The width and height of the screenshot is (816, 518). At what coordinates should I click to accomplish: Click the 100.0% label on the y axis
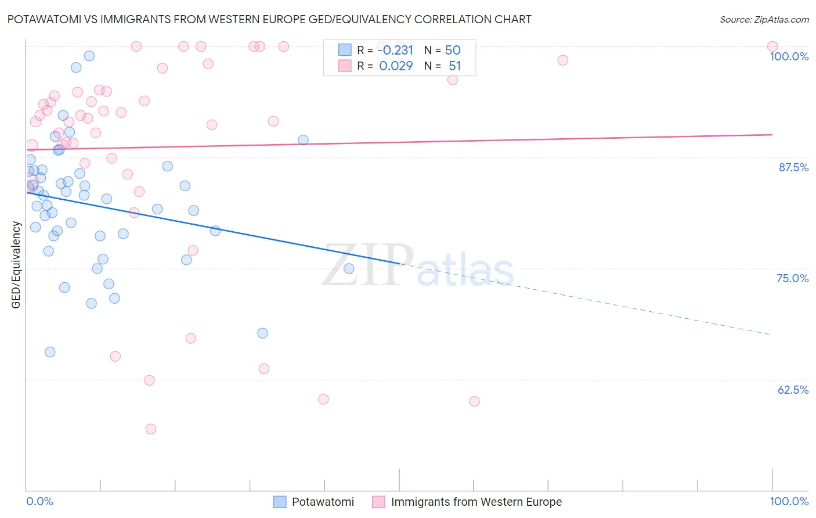[789, 56]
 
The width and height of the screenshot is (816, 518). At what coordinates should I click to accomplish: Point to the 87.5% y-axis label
[793, 167]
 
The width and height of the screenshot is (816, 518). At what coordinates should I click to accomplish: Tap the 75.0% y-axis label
[792, 278]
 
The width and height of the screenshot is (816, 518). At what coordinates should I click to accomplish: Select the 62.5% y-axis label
[793, 390]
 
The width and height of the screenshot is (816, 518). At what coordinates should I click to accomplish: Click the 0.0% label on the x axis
[39, 501]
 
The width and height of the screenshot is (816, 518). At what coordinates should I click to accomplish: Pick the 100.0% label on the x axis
[789, 501]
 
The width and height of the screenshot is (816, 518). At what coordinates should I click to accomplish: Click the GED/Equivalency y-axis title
[16, 265]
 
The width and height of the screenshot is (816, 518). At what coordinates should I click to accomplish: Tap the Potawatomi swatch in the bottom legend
[280, 502]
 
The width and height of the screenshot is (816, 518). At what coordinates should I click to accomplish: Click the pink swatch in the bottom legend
[378, 502]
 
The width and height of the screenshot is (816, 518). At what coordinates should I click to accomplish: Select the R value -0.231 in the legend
[395, 50]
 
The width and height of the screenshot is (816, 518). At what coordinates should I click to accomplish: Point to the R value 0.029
[396, 66]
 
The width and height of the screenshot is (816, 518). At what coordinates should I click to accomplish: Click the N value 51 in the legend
[454, 66]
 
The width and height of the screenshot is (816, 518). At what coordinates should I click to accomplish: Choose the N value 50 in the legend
[453, 50]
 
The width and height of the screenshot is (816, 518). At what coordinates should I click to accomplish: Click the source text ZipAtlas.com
[781, 19]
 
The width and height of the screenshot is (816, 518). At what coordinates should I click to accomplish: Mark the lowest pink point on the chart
[151, 429]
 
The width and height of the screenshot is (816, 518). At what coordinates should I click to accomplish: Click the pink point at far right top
[772, 46]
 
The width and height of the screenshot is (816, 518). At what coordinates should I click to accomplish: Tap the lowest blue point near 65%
[50, 352]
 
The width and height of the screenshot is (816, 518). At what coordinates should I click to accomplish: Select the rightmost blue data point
[349, 268]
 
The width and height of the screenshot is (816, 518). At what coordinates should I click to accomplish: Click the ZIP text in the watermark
[368, 265]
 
